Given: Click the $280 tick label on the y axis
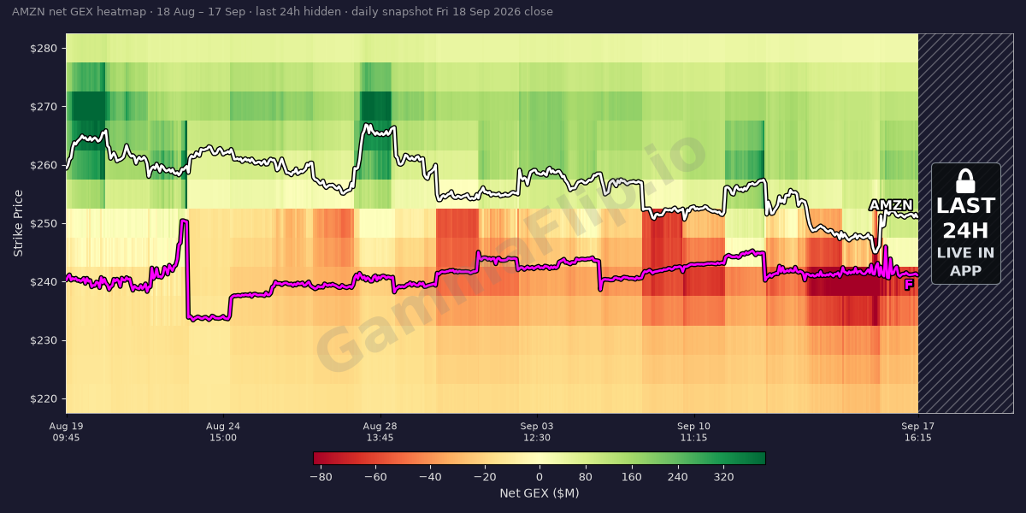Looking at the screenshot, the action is pos(44,49).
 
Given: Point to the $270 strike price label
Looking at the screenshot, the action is pos(44,107).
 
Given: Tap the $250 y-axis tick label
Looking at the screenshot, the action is pos(44,223).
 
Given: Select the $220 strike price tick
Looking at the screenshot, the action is pos(44,399).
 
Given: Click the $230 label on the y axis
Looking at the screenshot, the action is pos(44,340).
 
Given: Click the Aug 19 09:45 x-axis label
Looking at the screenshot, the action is pos(67,432).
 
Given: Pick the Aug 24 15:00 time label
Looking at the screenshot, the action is pos(223,432).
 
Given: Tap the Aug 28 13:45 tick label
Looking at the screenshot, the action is pos(380,432).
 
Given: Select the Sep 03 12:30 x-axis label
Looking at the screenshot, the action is pos(537,432).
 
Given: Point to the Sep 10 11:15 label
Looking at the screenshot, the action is pos(693,432).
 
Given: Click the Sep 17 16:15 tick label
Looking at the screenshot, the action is pos(918,432).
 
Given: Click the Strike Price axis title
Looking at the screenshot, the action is pos(18,223).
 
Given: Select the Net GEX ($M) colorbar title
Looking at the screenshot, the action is pos(540,492).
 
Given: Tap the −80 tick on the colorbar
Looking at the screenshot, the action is pos(321,477).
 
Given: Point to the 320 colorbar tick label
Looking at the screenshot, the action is pos(723,477).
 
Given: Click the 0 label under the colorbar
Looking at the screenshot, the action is pos(540,477).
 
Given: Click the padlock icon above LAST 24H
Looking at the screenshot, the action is pos(965,181).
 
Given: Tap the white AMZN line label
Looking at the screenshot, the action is pos(891,205).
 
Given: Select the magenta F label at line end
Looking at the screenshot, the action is pos(909,285).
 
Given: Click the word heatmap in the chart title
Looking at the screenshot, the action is pos(121,11).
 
